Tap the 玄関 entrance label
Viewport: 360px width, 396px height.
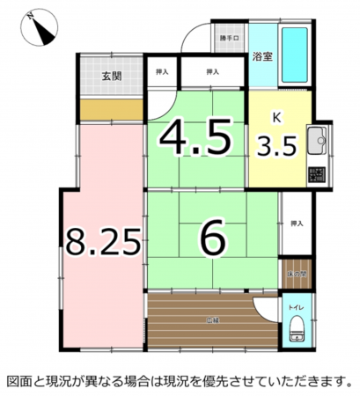pos(110,76)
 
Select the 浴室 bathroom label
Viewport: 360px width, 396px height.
pos(261,59)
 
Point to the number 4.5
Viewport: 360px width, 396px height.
pos(196,136)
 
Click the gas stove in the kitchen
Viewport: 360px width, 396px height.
pos(316,172)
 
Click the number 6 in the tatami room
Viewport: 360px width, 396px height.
pos(210,238)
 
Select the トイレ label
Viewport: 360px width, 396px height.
pos(295,308)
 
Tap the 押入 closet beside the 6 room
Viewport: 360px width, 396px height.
pos(296,224)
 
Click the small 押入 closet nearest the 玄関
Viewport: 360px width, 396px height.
pos(162,71)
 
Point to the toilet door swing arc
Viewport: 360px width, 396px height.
pos(263,310)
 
